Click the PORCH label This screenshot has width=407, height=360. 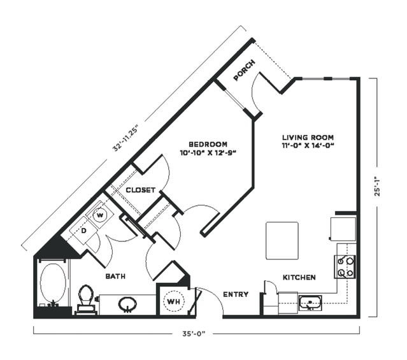(244, 70)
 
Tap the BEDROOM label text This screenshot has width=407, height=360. (208, 144)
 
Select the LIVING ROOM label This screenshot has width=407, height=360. (308, 138)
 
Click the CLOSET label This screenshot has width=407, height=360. (140, 190)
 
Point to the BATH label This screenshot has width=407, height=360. (115, 277)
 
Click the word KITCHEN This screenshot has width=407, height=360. (299, 277)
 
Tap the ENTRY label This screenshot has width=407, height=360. (236, 294)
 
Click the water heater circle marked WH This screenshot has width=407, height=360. (174, 301)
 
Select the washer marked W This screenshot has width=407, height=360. (99, 215)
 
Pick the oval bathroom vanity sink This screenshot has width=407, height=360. (127, 304)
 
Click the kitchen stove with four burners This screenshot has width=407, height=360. (345, 267)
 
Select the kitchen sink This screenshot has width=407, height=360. (310, 303)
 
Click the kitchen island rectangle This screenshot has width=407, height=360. (282, 240)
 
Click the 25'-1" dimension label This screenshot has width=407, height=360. (378, 186)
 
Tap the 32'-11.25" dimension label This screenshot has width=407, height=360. (126, 138)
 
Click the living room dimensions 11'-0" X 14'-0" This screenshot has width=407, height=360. (308, 146)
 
